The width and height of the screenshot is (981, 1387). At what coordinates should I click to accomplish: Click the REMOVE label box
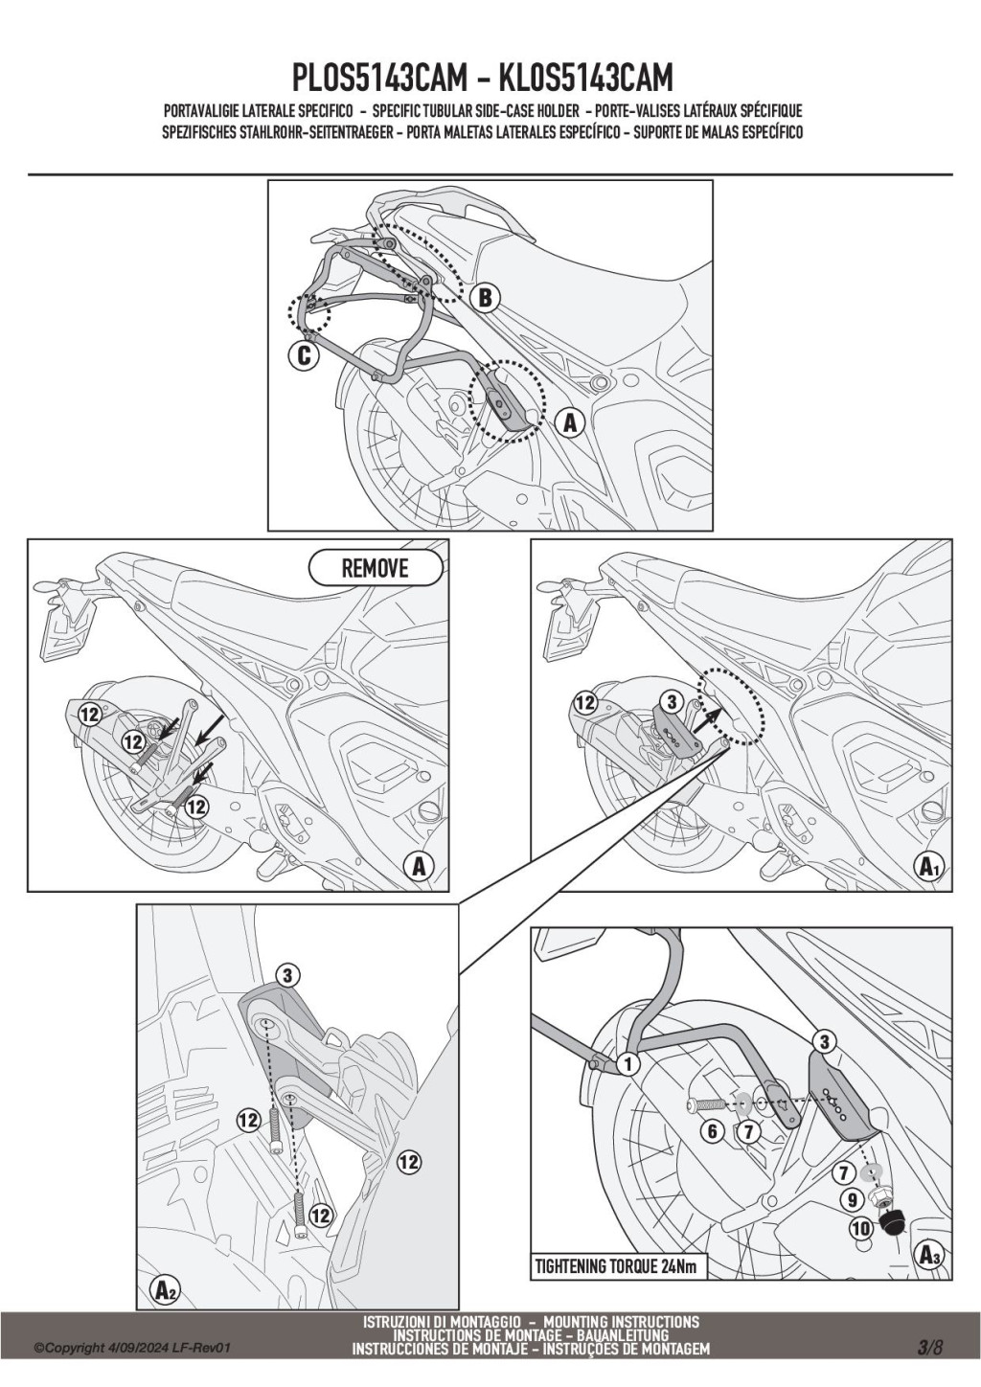point(376,568)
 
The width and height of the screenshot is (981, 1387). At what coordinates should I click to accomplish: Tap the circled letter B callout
point(485,298)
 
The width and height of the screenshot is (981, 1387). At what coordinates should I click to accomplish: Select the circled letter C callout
point(302,356)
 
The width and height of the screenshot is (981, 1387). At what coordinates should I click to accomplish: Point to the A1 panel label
point(928,867)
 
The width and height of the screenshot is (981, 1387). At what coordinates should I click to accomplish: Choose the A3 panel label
point(928,1254)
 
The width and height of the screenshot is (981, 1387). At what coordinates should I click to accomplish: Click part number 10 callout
point(860,1228)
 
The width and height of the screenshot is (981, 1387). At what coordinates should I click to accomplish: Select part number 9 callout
point(852,1198)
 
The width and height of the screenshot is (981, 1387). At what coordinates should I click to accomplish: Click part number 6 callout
point(712,1131)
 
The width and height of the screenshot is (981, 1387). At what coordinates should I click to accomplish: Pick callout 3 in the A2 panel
point(286,975)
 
